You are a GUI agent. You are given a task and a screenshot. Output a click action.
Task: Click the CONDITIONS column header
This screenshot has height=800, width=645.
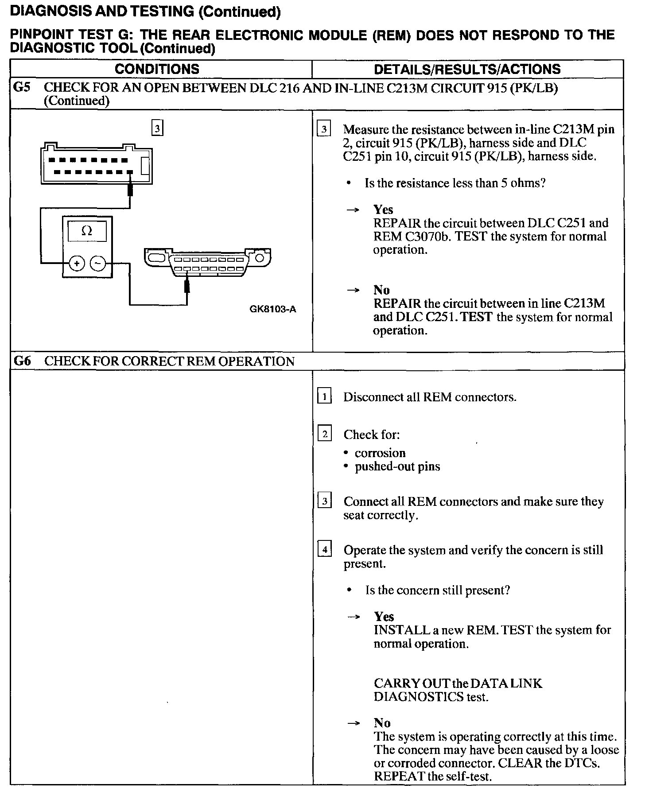157,69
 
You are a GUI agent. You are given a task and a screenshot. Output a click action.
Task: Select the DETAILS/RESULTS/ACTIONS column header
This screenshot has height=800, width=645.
467,69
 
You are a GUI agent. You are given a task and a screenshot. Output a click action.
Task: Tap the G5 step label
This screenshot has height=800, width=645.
22,87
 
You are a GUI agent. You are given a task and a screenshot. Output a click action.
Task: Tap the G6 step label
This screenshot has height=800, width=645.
22,361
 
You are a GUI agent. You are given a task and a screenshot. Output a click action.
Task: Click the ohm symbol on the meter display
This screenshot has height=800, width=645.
87,231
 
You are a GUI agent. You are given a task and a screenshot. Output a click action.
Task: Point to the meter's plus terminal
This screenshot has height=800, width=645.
77,264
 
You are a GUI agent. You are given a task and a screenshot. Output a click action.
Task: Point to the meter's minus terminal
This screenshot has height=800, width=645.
98,264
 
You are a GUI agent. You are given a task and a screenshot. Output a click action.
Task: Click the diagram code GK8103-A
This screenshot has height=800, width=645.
273,309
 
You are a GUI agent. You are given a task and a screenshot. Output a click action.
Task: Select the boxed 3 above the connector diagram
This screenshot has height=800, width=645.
157,129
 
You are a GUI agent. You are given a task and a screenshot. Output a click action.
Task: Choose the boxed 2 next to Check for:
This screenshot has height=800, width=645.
324,434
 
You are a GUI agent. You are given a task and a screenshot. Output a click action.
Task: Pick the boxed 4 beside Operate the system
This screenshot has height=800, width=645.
325,550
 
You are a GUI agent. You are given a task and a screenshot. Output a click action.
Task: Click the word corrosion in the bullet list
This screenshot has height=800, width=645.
380,453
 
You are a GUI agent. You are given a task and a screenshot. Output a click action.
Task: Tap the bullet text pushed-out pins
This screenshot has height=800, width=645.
397,466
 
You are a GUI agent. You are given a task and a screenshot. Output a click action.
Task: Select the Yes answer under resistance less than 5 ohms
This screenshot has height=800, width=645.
383,209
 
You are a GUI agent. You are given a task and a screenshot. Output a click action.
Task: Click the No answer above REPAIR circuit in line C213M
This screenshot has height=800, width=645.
381,290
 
